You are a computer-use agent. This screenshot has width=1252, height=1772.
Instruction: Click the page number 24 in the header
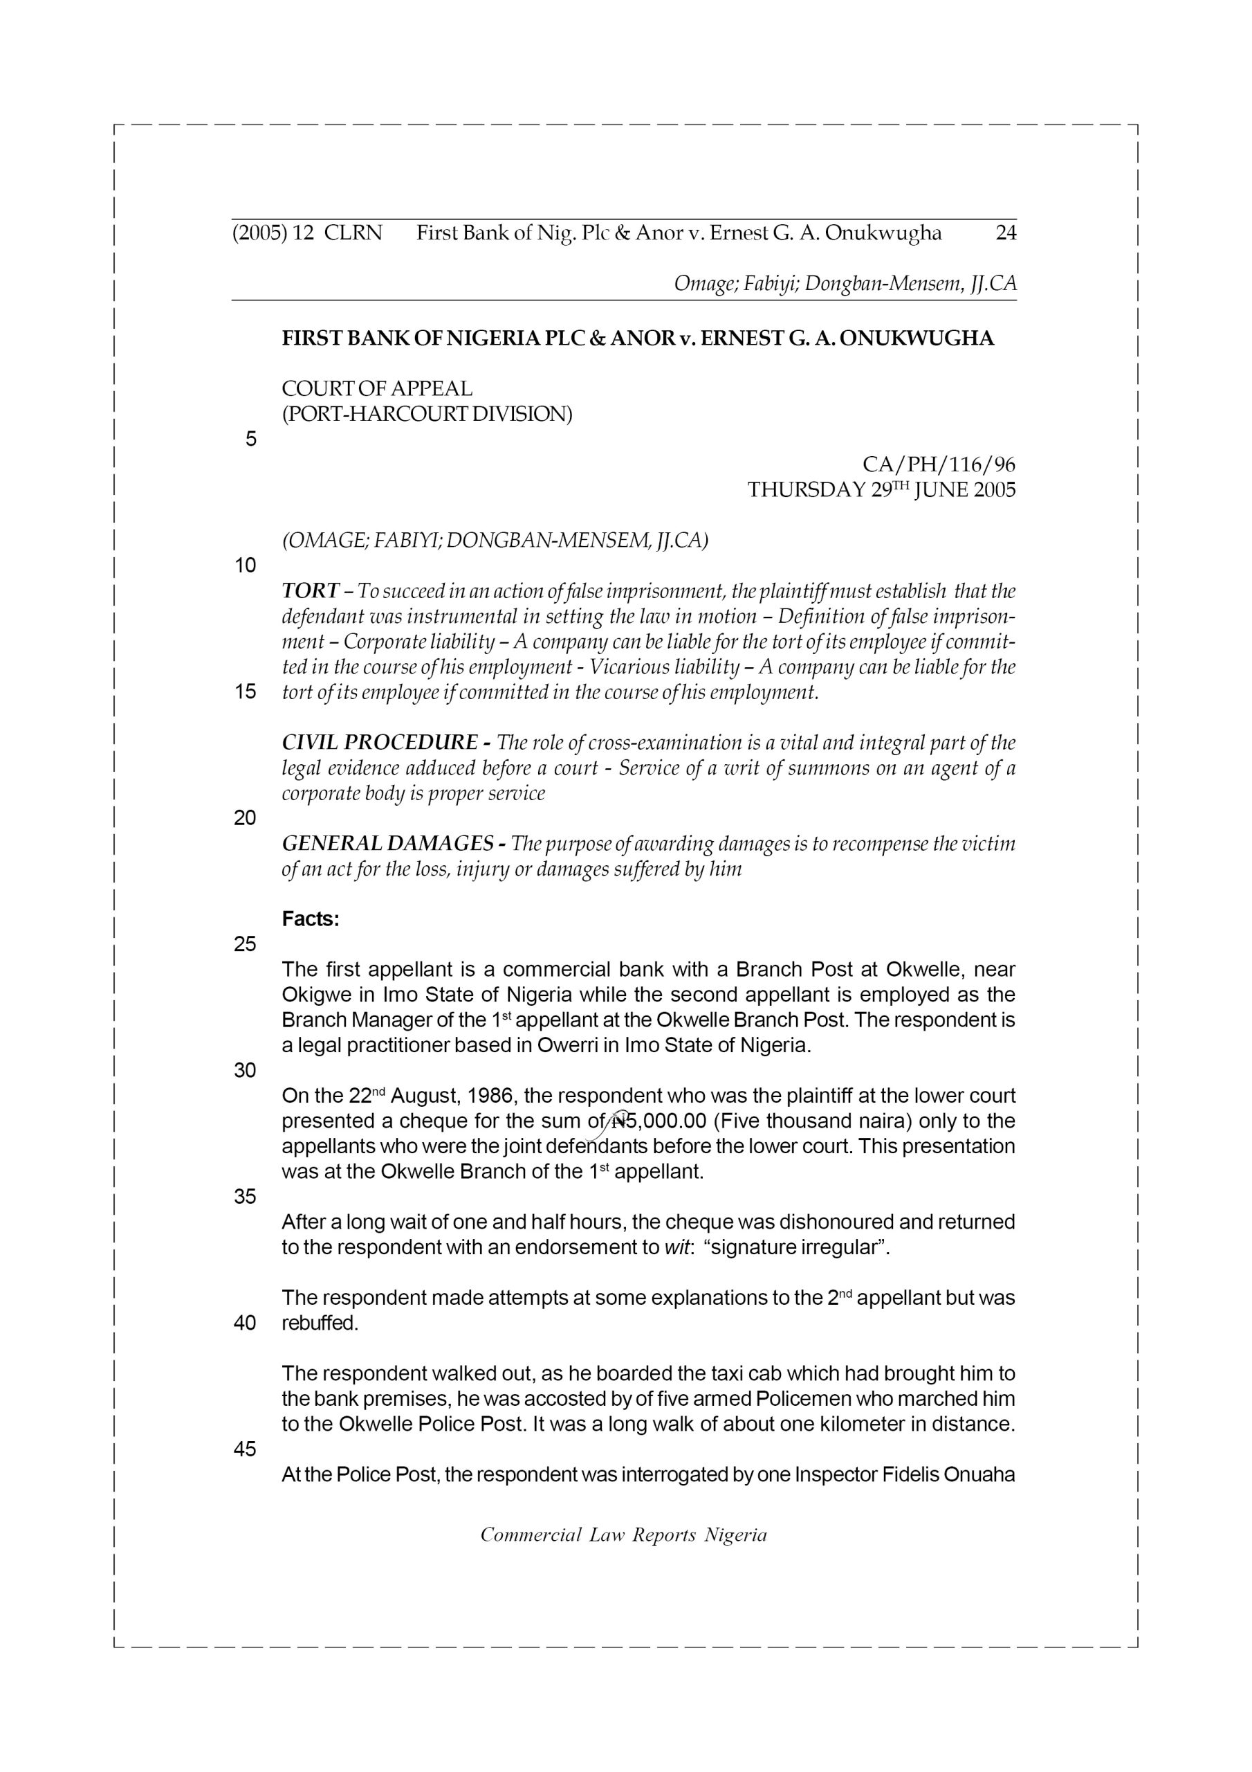click(1005, 233)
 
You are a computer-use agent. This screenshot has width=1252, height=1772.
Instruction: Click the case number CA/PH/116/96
click(938, 464)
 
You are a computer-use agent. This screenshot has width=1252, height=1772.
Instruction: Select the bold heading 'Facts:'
click(310, 919)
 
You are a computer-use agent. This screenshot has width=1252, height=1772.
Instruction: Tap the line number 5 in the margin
click(250, 439)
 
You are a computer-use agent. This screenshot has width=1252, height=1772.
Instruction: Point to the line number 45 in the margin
click(245, 1449)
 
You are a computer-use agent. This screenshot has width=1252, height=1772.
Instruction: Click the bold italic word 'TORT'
click(310, 591)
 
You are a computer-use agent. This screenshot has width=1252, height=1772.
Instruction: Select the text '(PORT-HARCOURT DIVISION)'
click(427, 415)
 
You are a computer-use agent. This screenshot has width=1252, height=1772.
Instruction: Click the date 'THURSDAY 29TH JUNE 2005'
click(881, 490)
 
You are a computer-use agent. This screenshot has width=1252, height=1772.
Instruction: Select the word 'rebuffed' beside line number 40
click(319, 1323)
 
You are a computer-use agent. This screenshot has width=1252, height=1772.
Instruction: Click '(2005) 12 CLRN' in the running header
click(307, 233)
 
